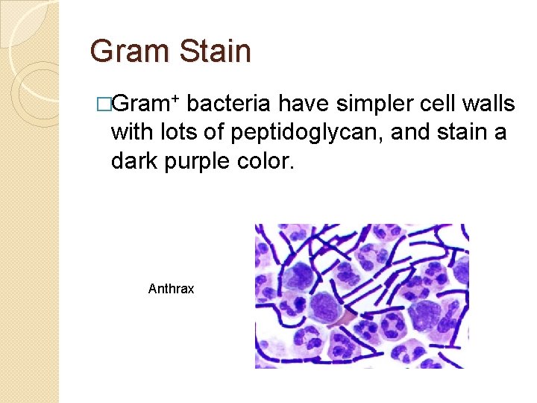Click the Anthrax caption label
click(x=171, y=288)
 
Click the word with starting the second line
click(x=131, y=133)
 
